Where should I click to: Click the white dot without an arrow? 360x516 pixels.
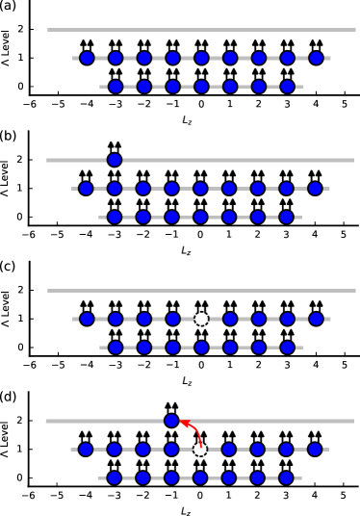pos(201,319)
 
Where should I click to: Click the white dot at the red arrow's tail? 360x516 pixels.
pos(200,449)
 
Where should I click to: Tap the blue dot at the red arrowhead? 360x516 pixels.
pos(171,421)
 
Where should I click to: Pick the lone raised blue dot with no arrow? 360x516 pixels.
pos(115,160)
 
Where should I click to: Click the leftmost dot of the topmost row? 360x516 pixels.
pos(87,58)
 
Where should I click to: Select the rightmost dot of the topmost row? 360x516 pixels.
pos(316,58)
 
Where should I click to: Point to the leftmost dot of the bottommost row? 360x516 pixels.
pos(115,477)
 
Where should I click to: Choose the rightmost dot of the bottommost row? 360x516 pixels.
pos(286,477)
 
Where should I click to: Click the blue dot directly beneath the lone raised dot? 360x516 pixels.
pos(115,189)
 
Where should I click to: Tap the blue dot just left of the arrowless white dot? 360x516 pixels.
pos(172,319)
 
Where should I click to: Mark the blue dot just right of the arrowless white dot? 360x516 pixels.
pos(230,319)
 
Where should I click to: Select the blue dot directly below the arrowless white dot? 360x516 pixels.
pos(201,348)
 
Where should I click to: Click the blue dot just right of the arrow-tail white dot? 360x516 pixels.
pos(229,449)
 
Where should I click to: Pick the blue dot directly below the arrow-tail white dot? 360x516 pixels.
pos(200,477)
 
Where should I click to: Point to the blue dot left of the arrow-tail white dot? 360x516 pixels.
pos(171,449)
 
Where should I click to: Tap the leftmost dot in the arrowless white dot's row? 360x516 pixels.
pos(87,319)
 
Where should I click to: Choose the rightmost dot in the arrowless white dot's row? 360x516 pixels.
pos(316,319)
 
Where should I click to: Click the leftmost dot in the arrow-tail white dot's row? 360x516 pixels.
pos(86,449)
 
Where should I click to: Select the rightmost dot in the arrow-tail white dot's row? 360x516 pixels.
pos(315,449)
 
